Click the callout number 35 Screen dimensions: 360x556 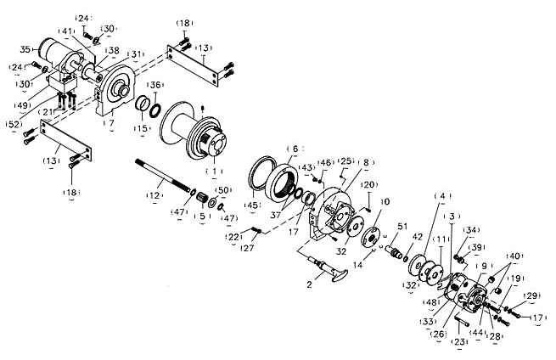(25, 48)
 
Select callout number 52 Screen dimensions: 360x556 (14, 124)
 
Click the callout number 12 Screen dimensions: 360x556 (154, 196)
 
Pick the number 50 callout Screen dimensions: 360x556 (222, 189)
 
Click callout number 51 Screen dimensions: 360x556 (402, 226)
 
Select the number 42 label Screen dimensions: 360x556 (417, 237)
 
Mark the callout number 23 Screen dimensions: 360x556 (461, 341)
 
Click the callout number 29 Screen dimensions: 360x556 (531, 295)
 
